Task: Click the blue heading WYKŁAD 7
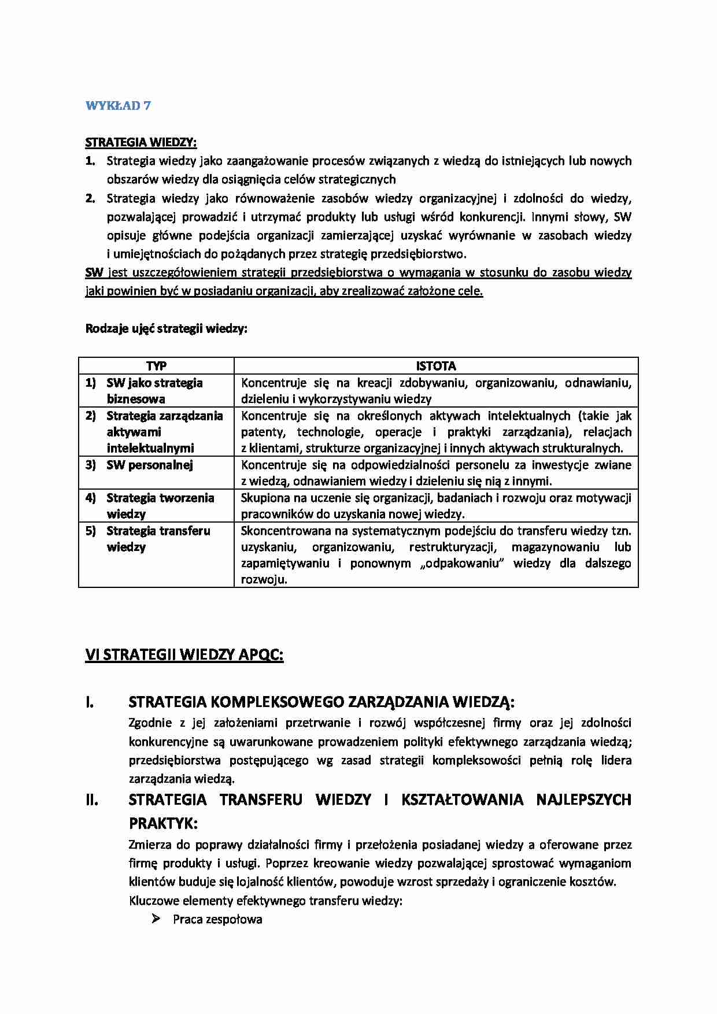[118, 106]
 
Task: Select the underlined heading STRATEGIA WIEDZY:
[141, 142]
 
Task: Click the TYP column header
[156, 366]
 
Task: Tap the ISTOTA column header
[436, 366]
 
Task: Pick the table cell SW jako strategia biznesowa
[154, 391]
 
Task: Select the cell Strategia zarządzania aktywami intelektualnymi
[164, 432]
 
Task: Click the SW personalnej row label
[149, 465]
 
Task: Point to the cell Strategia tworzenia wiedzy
[160, 506]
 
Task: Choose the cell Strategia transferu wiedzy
[158, 539]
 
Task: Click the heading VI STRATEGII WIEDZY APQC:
[184, 655]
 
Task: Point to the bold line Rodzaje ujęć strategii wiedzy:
[167, 329]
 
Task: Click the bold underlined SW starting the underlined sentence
[94, 273]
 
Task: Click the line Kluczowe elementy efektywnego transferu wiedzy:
[265, 901]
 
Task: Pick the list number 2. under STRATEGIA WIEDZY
[90, 199]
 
